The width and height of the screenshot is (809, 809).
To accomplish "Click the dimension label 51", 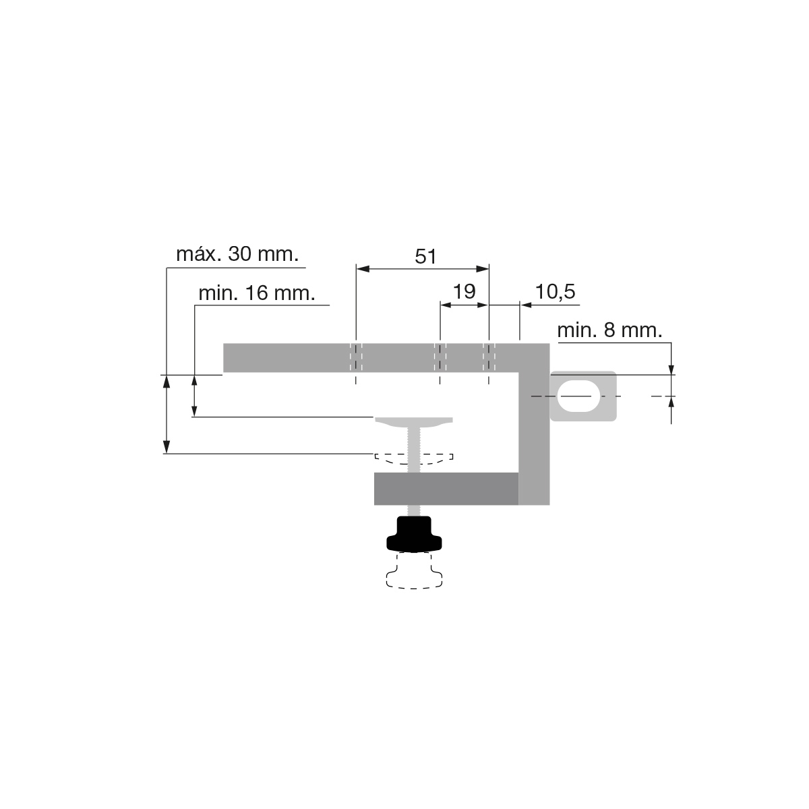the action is click(425, 256).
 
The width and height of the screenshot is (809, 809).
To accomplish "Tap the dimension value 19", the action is click(465, 292).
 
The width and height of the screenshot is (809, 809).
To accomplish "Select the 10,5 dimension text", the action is click(555, 292).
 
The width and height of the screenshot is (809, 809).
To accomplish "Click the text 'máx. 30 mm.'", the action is click(237, 254).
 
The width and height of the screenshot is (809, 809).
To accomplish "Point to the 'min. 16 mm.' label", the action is click(256, 293).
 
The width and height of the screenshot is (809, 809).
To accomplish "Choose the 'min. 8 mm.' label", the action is click(609, 331).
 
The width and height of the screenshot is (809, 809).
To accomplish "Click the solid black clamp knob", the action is click(414, 534).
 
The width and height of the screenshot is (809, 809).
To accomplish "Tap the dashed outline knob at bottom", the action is click(414, 571).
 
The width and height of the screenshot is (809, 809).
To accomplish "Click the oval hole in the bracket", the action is click(578, 396).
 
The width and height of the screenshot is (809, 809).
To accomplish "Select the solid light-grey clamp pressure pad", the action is click(414, 422).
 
